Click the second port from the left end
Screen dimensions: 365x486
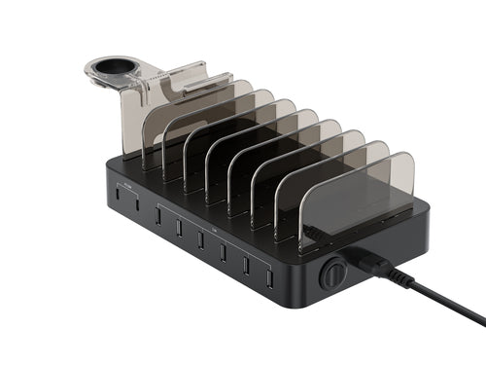click(x=137, y=205)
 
